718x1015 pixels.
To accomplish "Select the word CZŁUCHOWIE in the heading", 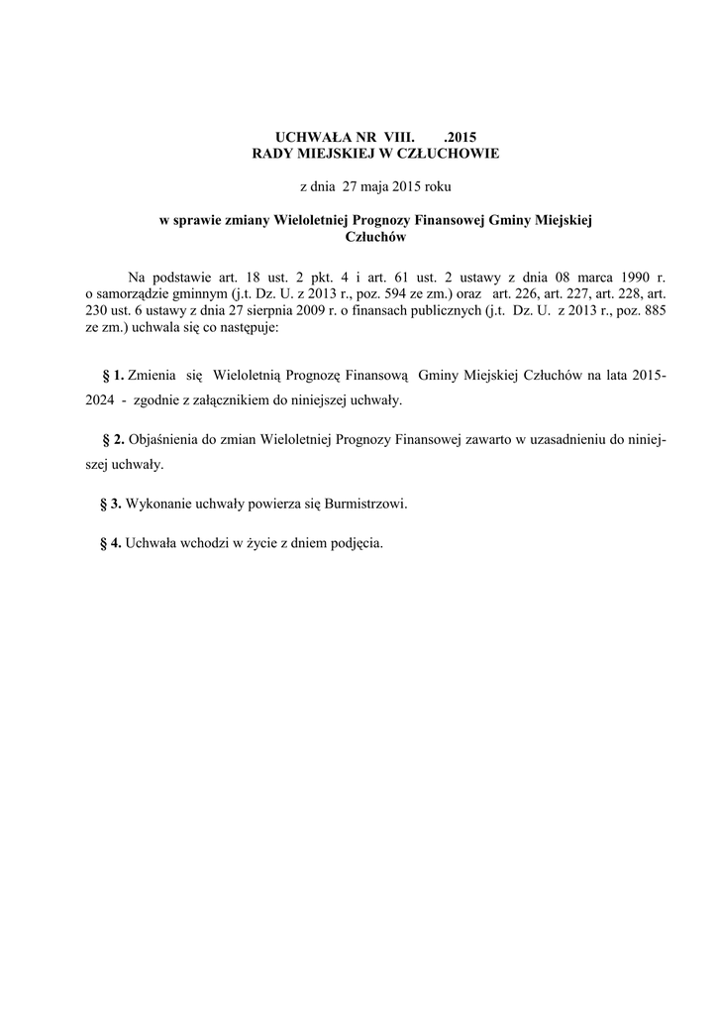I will pos(445,154).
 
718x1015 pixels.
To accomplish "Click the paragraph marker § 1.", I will pos(112,376).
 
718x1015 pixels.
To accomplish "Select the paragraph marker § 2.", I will pos(112,439).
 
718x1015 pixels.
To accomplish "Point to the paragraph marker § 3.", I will pos(111,504).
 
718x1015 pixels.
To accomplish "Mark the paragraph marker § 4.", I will pos(111,543).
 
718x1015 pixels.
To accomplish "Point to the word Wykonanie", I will pos(159,504).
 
